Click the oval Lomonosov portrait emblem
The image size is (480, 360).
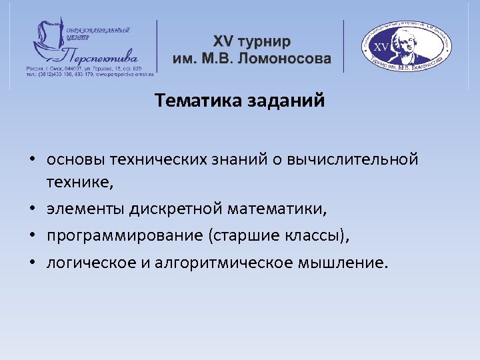click(407, 47)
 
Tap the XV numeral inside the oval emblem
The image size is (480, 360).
click(383, 47)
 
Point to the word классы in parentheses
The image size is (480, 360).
click(315, 236)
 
